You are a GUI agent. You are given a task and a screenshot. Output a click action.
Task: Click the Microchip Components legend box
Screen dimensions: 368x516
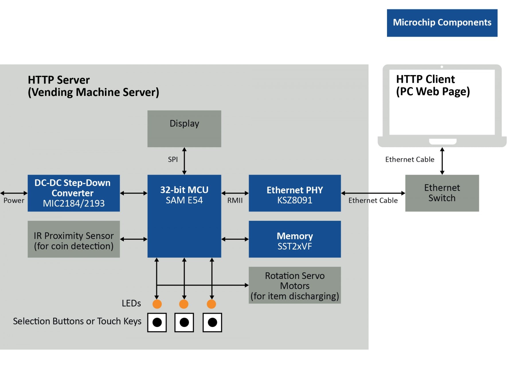[442, 23]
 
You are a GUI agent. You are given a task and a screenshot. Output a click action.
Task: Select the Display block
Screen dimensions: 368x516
[184, 129]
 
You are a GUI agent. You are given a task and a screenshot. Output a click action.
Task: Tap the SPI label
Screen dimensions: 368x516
[173, 160]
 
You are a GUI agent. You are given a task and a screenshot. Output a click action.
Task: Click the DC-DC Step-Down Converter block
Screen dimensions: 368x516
[74, 193]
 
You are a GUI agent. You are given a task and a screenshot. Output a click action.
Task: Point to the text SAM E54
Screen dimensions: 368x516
[184, 200]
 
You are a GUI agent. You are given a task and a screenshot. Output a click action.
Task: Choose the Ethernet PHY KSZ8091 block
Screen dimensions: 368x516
[294, 193]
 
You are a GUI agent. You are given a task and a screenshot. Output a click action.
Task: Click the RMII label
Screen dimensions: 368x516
[235, 200]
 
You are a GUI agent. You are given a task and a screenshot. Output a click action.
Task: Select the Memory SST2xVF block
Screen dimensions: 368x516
[294, 239]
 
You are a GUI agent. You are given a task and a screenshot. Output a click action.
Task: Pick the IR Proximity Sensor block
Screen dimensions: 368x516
[74, 239]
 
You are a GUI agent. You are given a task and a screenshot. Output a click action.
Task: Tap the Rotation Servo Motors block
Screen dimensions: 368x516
[294, 285]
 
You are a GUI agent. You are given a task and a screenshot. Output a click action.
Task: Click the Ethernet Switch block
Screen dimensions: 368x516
[442, 193]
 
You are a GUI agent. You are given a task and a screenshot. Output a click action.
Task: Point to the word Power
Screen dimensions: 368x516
[14, 200]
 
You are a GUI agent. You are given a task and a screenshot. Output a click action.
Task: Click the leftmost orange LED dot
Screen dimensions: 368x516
[157, 304]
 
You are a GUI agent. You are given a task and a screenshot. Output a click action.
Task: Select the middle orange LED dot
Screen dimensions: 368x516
[184, 304]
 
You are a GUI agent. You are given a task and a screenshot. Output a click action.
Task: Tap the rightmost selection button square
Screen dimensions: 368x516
[212, 322]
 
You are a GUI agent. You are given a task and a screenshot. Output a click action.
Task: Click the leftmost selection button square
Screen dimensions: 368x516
[157, 322]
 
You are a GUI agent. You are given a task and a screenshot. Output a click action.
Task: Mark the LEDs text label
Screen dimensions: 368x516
[131, 303]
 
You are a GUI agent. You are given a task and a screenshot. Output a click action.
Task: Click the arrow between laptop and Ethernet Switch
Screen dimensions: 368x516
[442, 161]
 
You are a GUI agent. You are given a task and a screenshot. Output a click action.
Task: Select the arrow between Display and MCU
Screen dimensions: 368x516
[184, 161]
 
